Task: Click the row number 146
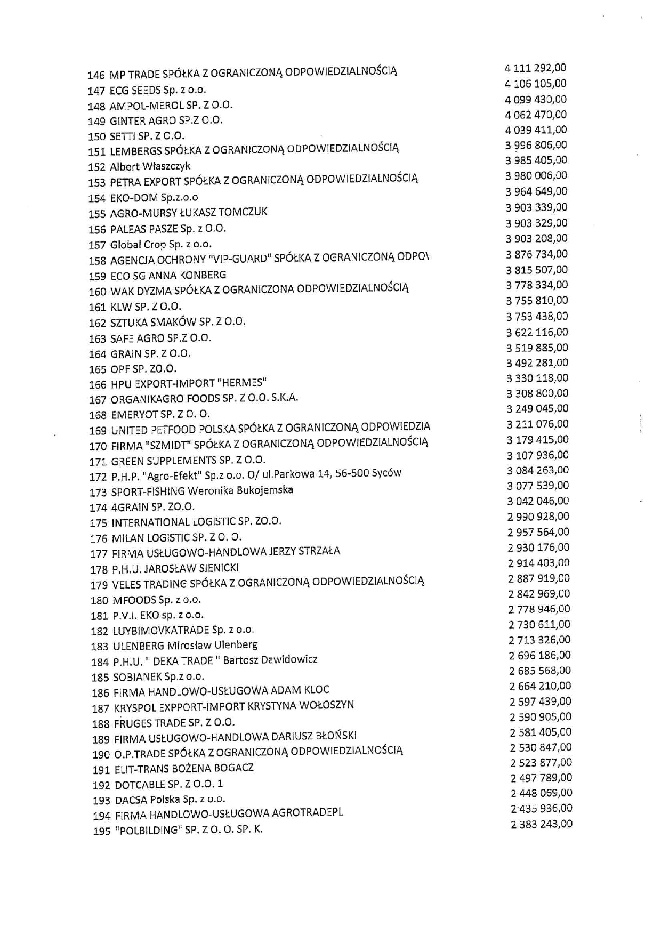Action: (x=96, y=75)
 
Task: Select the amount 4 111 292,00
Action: (x=535, y=68)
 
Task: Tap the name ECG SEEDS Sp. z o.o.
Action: (x=158, y=90)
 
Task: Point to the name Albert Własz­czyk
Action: (x=150, y=166)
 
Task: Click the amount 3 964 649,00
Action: (x=536, y=191)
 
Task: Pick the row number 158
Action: (x=97, y=261)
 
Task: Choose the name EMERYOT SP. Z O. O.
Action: (x=160, y=414)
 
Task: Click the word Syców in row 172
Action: (x=387, y=473)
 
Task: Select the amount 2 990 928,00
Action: (x=538, y=517)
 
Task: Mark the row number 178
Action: (x=99, y=570)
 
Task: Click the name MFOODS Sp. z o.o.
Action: (x=157, y=600)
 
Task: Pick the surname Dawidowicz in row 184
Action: (x=292, y=659)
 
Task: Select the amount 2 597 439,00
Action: (x=540, y=702)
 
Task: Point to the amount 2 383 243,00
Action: (x=542, y=824)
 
